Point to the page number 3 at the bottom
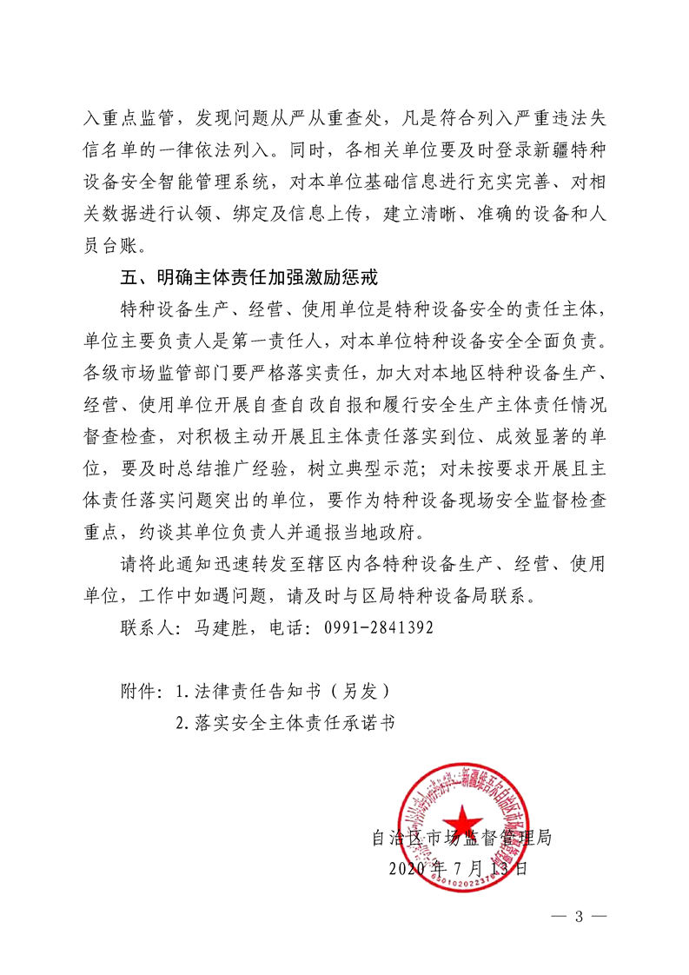coord(578,917)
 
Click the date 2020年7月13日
coord(458,868)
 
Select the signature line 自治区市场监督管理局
coord(461,839)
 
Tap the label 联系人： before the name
coord(151,627)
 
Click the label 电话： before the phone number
coord(291,627)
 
